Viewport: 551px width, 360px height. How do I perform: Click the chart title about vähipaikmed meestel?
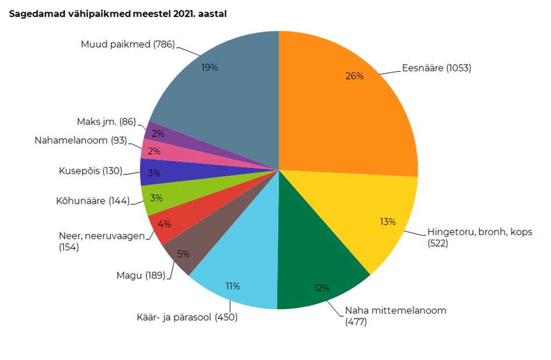pos(117,14)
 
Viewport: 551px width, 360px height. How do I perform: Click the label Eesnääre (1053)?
pos(436,68)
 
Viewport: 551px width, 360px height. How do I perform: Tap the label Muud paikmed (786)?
pos(128,44)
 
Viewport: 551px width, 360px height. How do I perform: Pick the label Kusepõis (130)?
pos(91,171)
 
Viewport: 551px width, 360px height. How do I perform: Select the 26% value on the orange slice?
pos(354,76)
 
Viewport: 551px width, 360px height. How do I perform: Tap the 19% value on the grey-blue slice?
pos(209,67)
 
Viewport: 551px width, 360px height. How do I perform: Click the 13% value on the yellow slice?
pos(387,221)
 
